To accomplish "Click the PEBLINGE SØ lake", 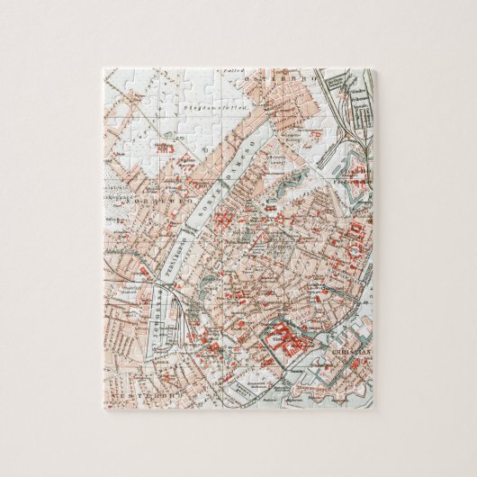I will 193,251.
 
